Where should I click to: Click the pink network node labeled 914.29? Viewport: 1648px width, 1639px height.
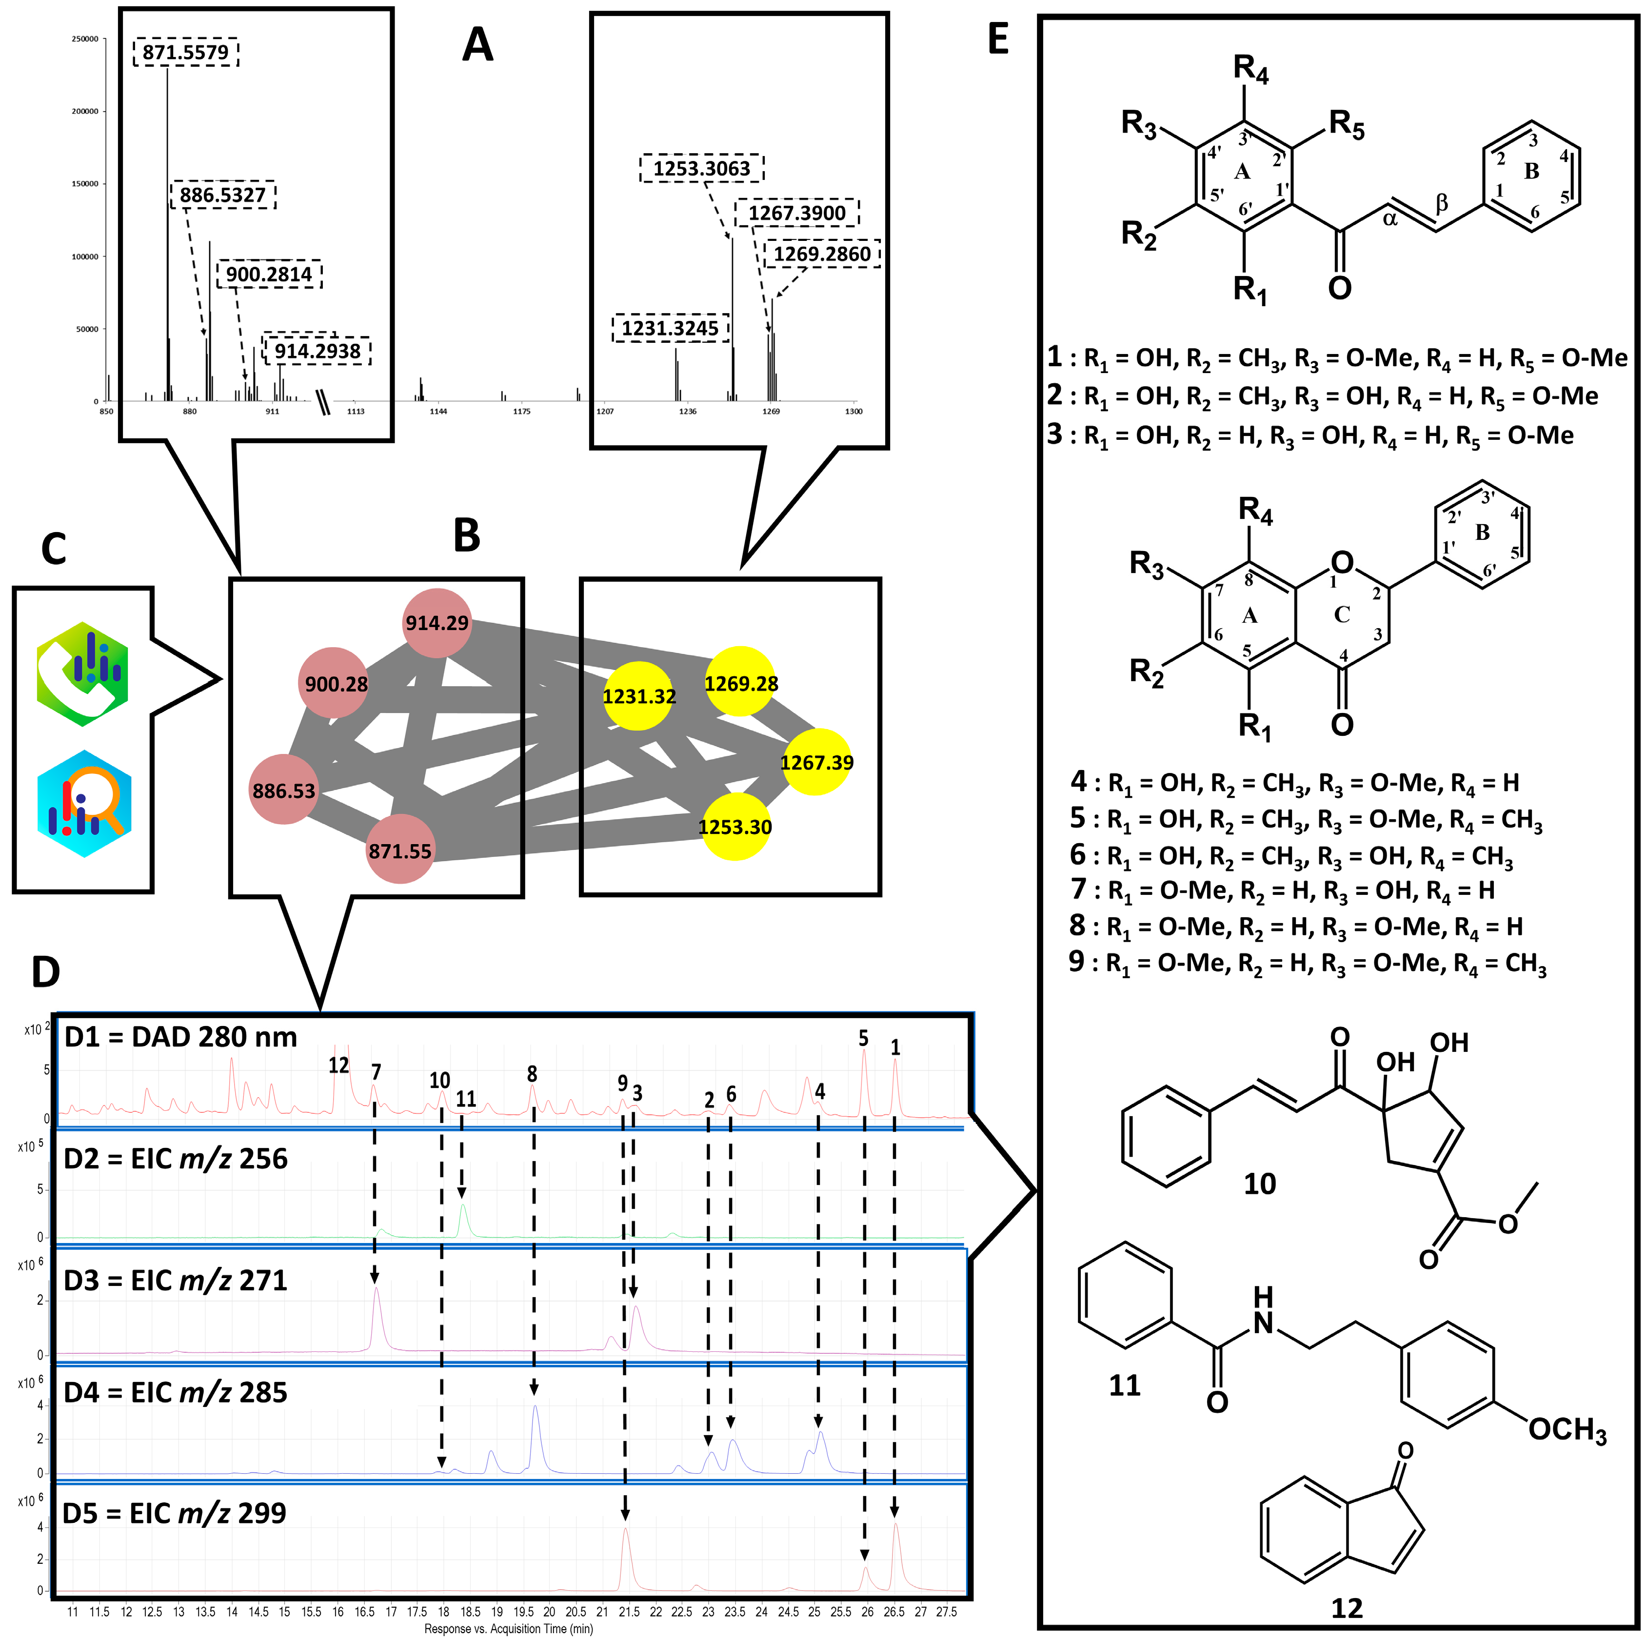point(437,623)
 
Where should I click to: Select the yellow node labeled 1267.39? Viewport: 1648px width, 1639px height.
point(816,762)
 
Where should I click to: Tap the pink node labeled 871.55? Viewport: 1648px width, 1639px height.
point(400,849)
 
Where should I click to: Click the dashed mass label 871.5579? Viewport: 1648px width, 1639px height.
point(185,53)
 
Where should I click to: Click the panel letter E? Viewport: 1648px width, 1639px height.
point(998,40)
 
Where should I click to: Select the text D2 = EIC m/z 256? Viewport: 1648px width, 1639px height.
point(176,1159)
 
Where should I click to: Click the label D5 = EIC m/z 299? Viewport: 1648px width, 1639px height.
point(175,1514)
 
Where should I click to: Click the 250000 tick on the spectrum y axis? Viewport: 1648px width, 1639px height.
point(84,39)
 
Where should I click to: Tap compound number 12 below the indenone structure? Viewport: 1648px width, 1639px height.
point(1347,1608)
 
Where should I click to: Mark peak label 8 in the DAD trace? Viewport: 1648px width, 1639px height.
point(532,1074)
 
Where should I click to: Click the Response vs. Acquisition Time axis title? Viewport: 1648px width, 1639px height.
point(508,1629)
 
